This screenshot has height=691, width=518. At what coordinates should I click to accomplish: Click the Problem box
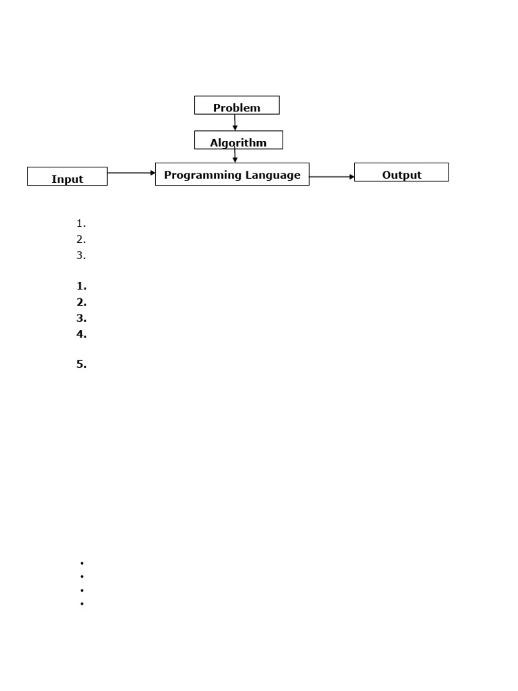click(x=237, y=105)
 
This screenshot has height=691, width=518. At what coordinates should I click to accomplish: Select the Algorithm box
click(x=238, y=140)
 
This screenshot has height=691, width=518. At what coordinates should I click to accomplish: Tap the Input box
click(x=67, y=176)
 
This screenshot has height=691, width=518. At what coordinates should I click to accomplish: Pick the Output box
click(x=401, y=172)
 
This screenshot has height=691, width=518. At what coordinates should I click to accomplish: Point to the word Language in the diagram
click(x=272, y=175)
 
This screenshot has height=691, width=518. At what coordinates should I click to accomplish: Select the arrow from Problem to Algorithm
click(x=235, y=123)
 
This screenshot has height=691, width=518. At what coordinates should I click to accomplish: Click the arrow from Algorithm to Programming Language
click(x=235, y=155)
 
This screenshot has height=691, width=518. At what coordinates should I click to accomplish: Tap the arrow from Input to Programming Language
click(x=132, y=173)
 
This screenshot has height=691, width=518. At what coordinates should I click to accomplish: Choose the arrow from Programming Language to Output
click(x=332, y=177)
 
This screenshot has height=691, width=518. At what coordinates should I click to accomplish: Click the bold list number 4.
click(x=82, y=334)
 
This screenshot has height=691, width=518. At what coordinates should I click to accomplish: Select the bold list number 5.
click(x=82, y=364)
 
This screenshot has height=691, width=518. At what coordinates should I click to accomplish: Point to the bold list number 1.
click(x=82, y=286)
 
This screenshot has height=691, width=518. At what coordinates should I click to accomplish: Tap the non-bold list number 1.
click(x=81, y=223)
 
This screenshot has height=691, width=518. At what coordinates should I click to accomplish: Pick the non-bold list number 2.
click(x=81, y=240)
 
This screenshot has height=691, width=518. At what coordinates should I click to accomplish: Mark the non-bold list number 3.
click(x=81, y=255)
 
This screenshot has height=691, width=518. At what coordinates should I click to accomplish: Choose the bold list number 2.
click(x=82, y=302)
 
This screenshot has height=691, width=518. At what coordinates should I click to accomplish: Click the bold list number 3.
click(x=82, y=318)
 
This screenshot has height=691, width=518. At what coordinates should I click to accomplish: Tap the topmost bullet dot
click(x=82, y=563)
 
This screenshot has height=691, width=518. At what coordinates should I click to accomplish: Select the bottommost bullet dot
click(x=82, y=603)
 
